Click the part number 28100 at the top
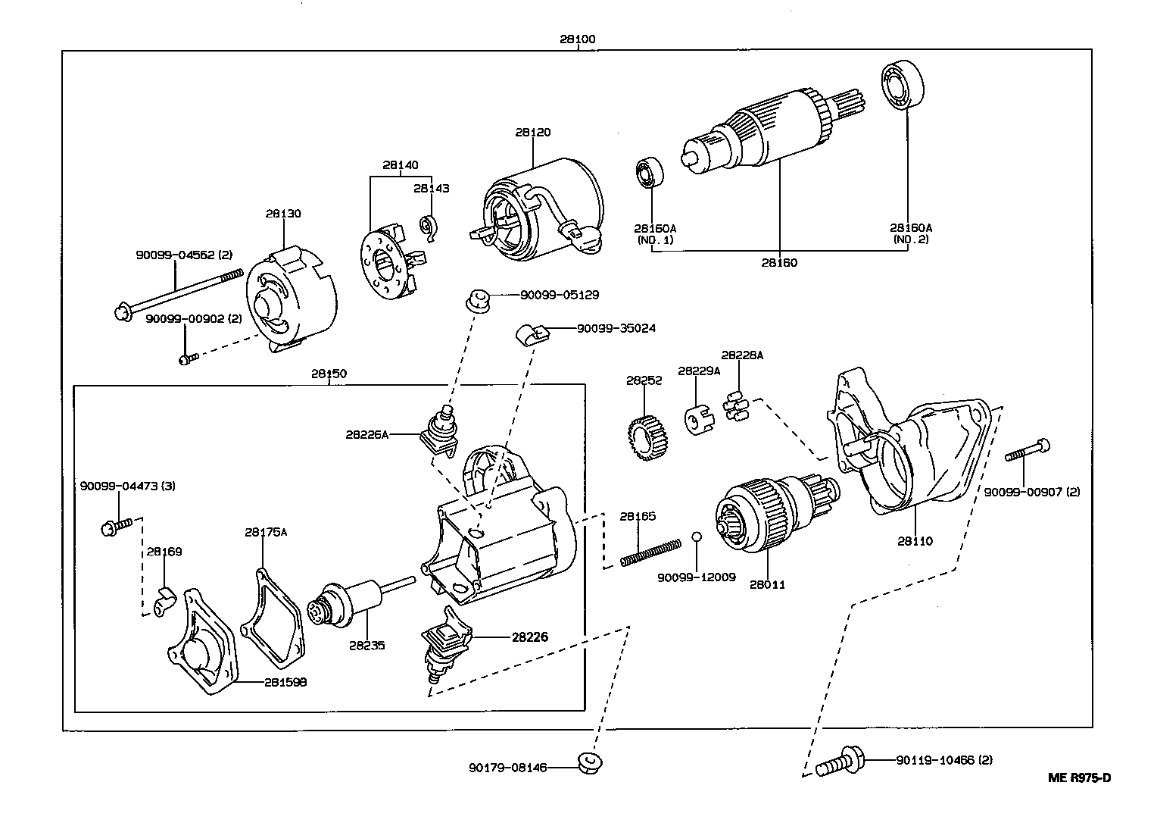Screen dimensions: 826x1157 (577, 39)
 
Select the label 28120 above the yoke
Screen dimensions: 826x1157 (533, 132)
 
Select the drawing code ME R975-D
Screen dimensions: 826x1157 (1079, 778)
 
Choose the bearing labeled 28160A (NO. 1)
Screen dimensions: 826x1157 (650, 174)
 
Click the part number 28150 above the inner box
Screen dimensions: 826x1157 (328, 373)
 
